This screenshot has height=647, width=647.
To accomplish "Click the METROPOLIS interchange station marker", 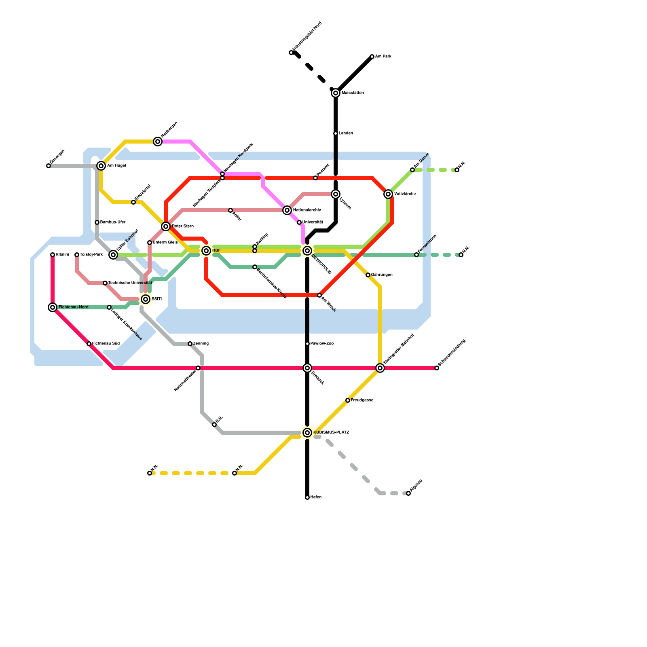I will [307, 251].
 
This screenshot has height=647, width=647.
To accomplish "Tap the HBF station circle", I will [206, 251].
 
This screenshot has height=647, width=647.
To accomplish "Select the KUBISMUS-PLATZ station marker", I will [307, 433].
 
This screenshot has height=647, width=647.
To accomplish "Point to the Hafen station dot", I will [307, 497].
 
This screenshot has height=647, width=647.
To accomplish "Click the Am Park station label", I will [383, 57].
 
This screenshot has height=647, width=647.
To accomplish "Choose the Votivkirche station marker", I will [388, 194].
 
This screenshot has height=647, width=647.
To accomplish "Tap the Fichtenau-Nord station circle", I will [53, 307].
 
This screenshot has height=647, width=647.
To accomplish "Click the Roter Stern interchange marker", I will [166, 226].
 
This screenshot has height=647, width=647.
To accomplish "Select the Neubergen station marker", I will [158, 142].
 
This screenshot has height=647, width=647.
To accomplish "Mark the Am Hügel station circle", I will [101, 166].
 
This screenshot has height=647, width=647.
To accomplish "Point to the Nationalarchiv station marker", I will [287, 210].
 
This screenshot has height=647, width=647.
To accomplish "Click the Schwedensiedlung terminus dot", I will [437, 368].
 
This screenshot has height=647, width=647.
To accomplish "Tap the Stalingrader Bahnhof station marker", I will [380, 368].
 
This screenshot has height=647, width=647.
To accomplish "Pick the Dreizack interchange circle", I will [307, 368].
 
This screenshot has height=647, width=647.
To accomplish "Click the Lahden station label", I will [346, 133].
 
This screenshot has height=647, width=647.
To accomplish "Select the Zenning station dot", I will [190, 344].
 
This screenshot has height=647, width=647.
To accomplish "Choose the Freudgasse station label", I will [362, 400].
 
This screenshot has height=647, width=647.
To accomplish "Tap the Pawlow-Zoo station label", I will [322, 344].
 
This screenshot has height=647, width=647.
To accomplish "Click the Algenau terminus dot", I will [408, 493].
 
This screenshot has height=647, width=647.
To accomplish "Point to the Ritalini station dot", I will [53, 255].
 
